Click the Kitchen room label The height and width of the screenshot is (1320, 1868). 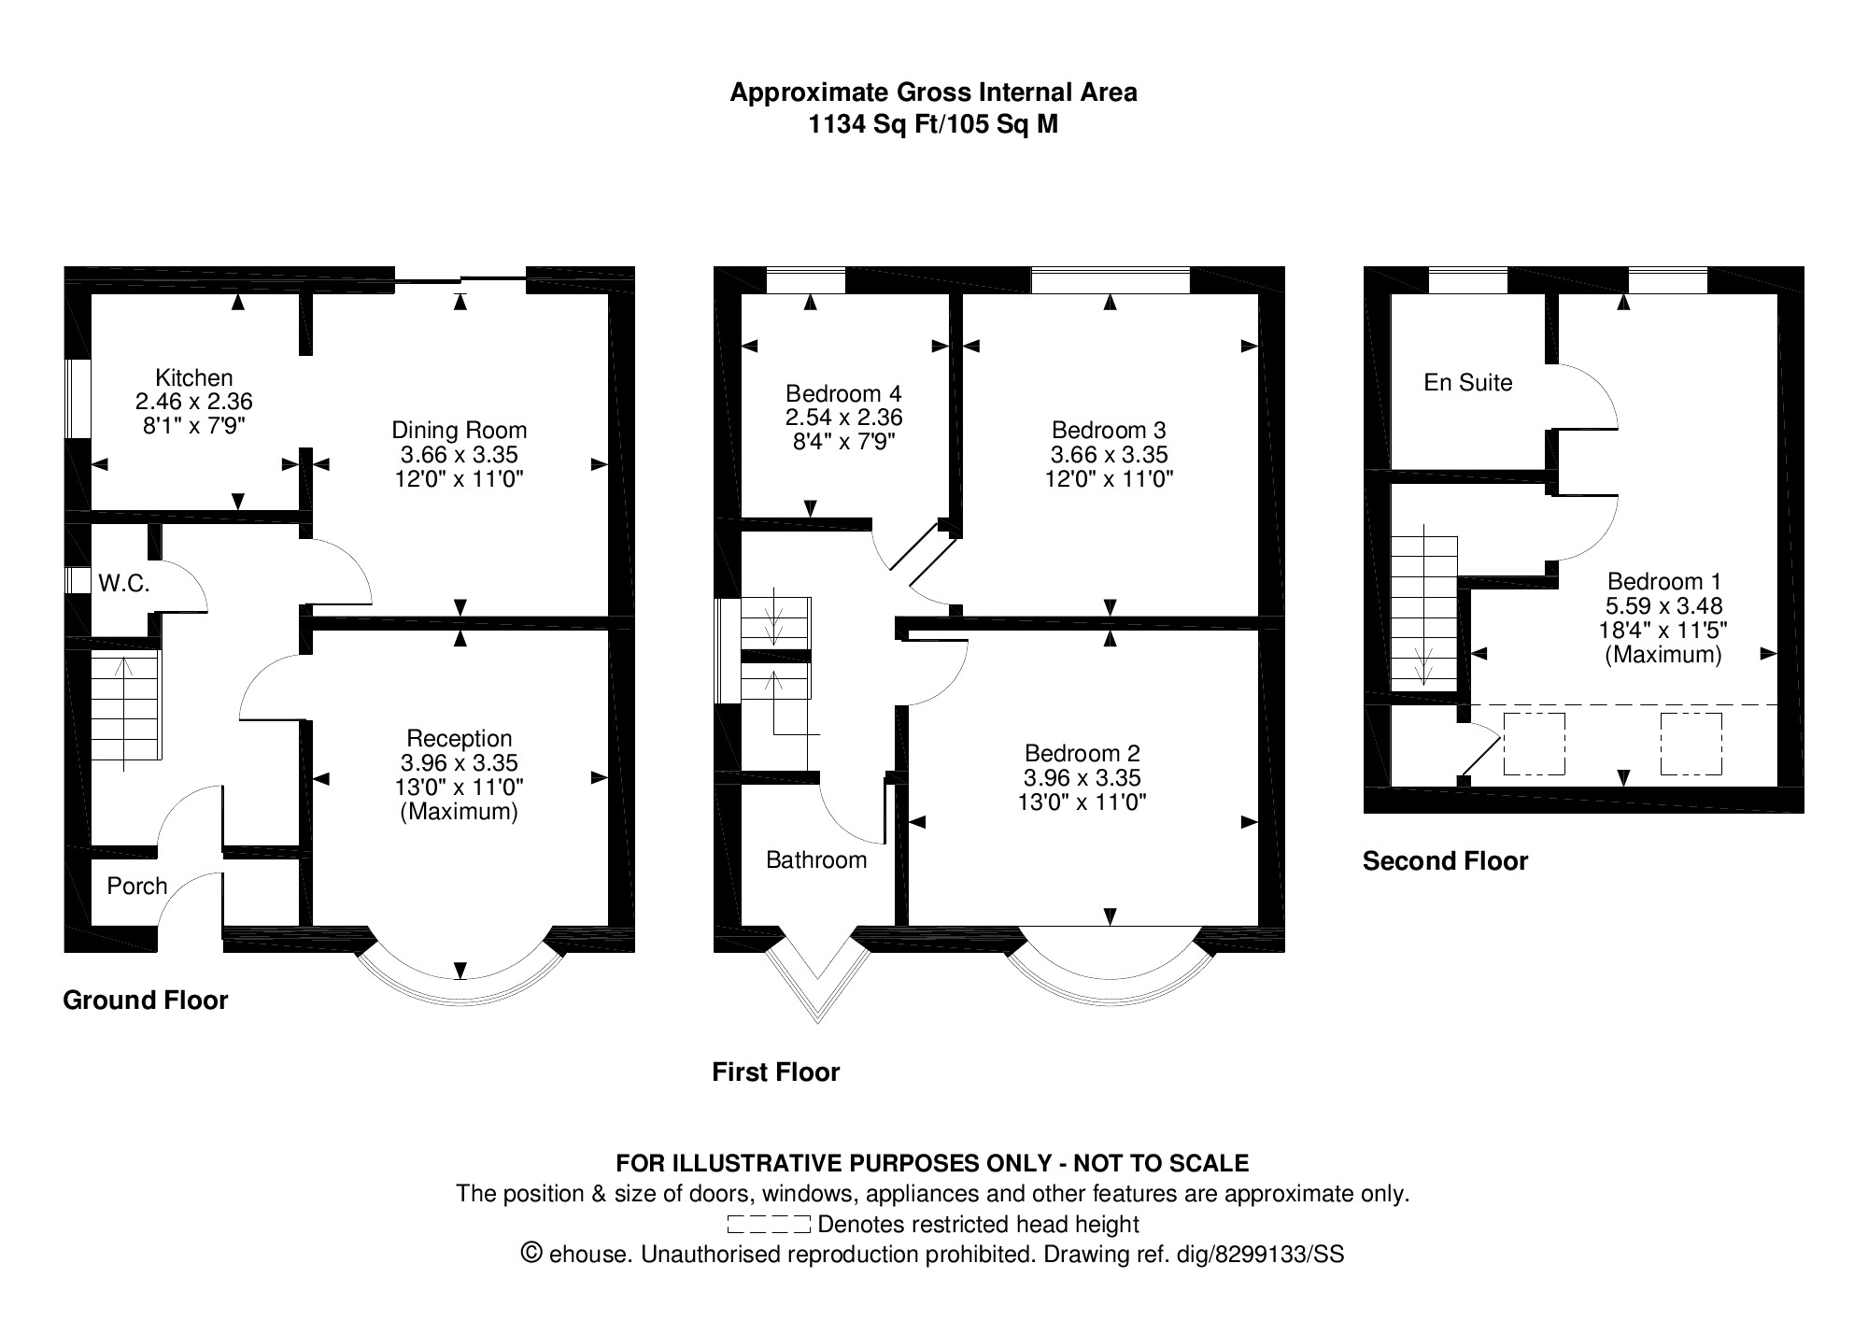pos(194,378)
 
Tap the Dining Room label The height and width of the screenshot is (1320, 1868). pos(459,431)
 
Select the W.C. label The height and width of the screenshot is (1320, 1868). pos(124,584)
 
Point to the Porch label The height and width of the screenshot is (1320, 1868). pos(137,886)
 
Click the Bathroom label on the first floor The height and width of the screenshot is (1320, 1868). pos(816,859)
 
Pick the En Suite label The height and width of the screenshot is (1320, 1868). pos(1467,382)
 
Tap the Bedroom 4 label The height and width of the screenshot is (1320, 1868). pos(843,393)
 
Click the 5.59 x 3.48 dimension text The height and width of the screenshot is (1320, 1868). pos(1663,605)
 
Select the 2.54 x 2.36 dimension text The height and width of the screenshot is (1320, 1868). pos(843,418)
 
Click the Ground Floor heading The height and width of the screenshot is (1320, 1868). pos(146,1001)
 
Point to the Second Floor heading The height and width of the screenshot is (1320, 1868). pos(1445,861)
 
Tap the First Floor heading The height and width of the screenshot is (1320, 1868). pos(775,1072)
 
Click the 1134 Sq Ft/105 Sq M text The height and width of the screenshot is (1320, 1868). pos(933,124)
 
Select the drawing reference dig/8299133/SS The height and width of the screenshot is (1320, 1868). pos(1279,1254)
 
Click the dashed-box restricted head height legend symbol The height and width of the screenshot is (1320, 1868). pos(768,1225)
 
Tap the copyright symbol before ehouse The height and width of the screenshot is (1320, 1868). pos(532,1253)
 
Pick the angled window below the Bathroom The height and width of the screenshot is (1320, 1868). pos(817,981)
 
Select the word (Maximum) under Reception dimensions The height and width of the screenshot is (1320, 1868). pos(459,812)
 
